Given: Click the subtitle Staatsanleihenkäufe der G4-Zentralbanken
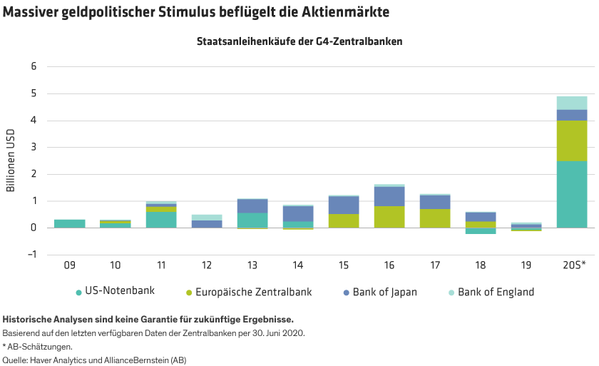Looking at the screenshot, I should (299, 41).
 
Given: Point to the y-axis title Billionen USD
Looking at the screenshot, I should (11, 161).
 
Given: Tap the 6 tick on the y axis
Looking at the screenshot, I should (32, 66).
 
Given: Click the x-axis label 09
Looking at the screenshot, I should (69, 265).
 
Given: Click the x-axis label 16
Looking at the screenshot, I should (389, 265).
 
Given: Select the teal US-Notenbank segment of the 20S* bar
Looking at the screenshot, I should (571, 194).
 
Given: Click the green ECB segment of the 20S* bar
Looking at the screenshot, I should (571, 141).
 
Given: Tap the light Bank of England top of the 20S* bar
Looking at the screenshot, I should (571, 103).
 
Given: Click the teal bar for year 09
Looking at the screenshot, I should (69, 223).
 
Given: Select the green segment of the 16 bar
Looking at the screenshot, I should (389, 217).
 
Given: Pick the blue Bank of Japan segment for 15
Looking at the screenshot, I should (343, 205).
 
